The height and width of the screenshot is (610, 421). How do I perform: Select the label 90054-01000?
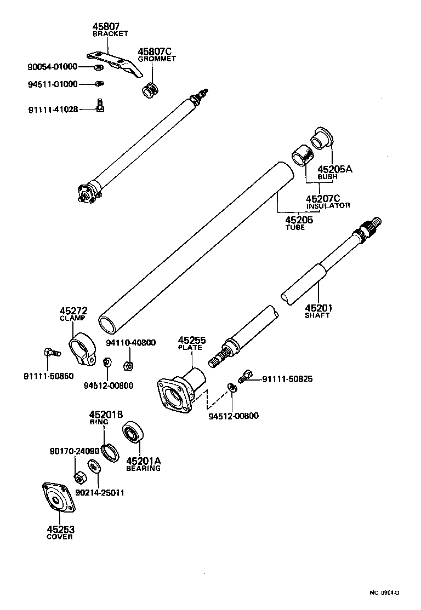[52, 67]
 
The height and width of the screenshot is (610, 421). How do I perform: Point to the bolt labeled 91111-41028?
[100, 105]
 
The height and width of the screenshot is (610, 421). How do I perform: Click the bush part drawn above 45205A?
[319, 137]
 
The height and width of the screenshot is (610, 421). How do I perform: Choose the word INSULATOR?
[328, 206]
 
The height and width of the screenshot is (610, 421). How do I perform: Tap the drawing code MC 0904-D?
[384, 592]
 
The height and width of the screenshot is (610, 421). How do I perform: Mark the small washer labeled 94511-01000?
[100, 84]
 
